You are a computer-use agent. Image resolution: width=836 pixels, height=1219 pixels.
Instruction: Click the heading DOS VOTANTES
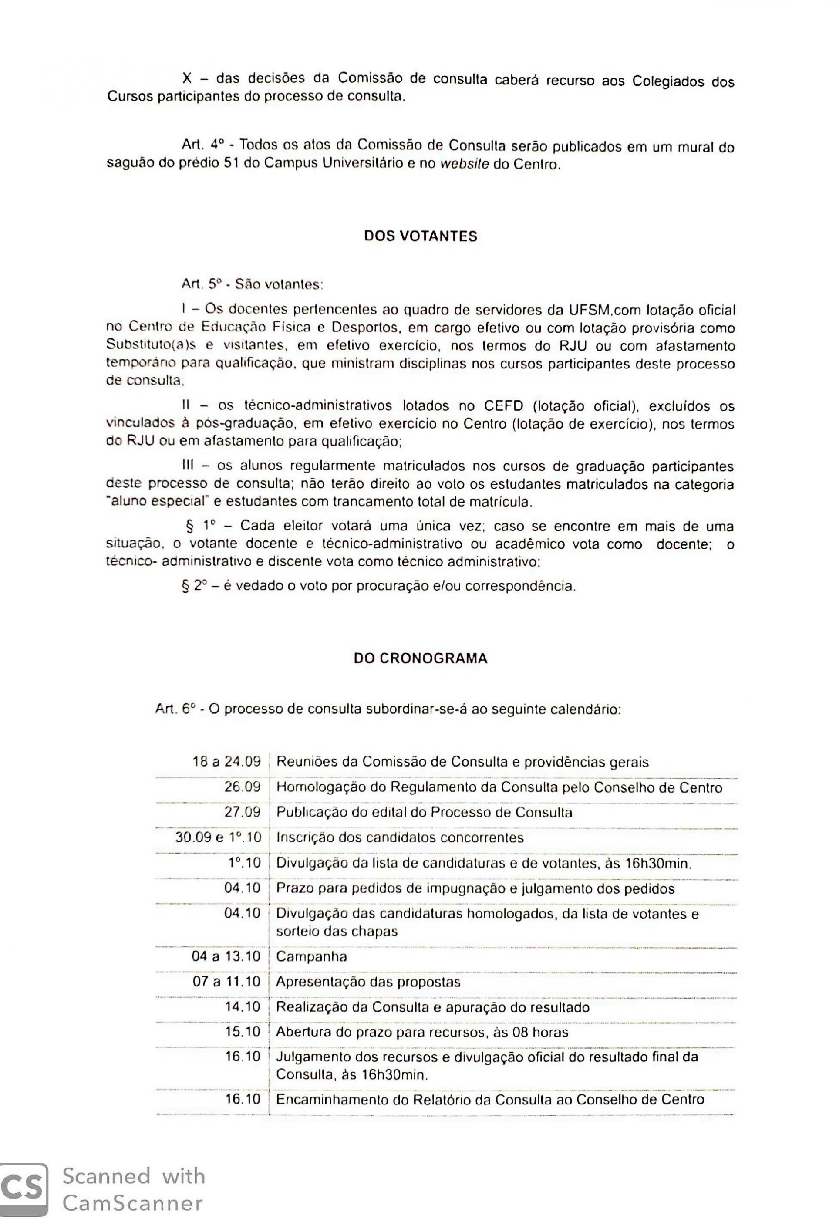tap(420, 236)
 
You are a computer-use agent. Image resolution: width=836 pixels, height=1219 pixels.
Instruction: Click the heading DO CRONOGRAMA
tap(420, 658)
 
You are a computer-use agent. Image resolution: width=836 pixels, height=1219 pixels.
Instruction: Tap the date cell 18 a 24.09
tap(226, 762)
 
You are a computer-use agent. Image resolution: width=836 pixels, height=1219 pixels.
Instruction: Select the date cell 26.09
tap(242, 787)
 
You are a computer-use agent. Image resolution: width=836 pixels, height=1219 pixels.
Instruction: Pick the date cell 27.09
tap(242, 812)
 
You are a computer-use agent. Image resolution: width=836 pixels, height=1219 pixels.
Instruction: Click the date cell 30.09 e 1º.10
tap(218, 837)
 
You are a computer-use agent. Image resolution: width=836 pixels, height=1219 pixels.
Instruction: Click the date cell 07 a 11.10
tap(226, 981)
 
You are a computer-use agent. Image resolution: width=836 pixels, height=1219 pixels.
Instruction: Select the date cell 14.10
tap(242, 1006)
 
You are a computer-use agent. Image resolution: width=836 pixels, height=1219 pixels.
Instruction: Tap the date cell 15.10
tap(242, 1032)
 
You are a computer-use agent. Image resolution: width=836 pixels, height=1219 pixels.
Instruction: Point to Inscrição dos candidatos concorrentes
tap(400, 837)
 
